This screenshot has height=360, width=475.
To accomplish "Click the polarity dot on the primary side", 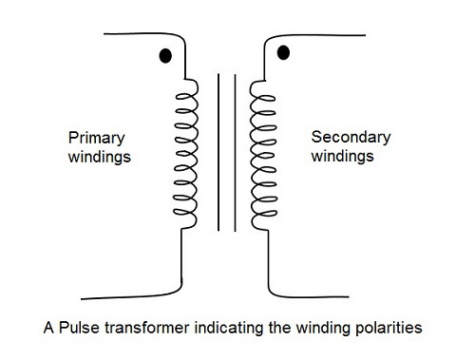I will tap(164, 56).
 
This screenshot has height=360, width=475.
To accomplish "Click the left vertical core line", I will tap(218, 152).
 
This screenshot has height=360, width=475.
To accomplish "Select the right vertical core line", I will tap(233, 152).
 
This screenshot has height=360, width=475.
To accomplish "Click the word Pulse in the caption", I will tap(74, 331).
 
